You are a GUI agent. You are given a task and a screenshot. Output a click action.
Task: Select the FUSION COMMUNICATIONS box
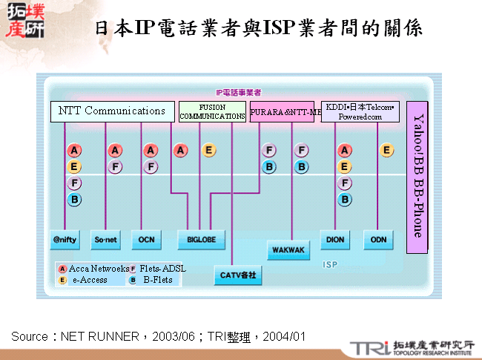pyautogui.click(x=212, y=112)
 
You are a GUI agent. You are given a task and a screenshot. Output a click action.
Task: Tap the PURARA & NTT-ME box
pyautogui.click(x=285, y=112)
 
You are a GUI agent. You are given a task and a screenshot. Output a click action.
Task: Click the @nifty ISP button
pyautogui.click(x=65, y=240)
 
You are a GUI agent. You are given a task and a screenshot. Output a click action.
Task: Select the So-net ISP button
pyautogui.click(x=105, y=240)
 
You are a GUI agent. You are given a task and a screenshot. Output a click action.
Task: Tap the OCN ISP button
pyautogui.click(x=146, y=240)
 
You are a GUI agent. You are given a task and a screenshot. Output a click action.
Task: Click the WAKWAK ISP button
pyautogui.click(x=288, y=250)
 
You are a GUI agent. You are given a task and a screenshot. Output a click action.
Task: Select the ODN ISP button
pyautogui.click(x=379, y=240)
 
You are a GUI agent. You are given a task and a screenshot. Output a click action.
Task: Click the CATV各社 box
pyautogui.click(x=237, y=275)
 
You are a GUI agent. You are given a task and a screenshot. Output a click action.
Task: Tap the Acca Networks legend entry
pyautogui.click(x=92, y=268)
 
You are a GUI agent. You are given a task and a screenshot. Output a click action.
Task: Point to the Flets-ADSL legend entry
pyautogui.click(x=159, y=268)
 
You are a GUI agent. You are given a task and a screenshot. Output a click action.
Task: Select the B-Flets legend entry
pyautogui.click(x=156, y=280)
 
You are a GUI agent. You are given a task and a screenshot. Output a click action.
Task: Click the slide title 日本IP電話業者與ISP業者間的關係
pyautogui.click(x=259, y=28)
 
